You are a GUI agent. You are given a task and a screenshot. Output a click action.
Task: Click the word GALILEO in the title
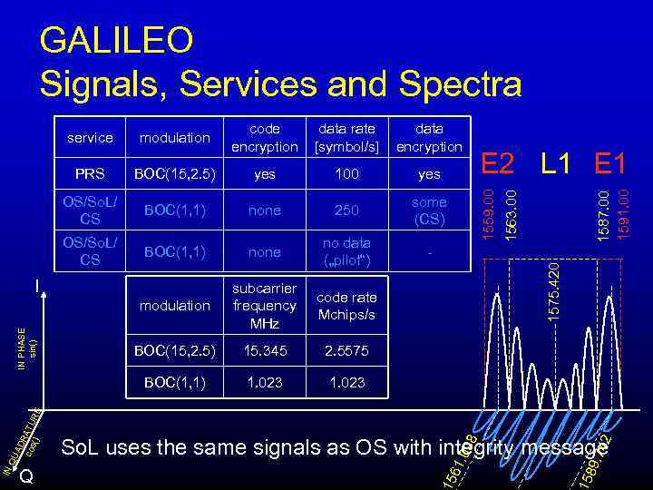click(117, 40)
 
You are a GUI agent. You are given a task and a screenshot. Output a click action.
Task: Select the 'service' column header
click(91, 138)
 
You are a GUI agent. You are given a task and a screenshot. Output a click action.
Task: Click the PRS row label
click(91, 173)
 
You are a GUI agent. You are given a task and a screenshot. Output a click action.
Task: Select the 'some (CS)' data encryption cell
click(428, 210)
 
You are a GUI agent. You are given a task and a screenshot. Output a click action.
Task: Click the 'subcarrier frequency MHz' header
click(264, 306)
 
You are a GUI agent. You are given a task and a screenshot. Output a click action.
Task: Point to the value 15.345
click(264, 349)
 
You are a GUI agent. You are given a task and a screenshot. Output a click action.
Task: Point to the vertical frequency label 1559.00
click(488, 215)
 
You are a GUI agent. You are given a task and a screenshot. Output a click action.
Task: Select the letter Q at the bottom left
click(27, 477)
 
